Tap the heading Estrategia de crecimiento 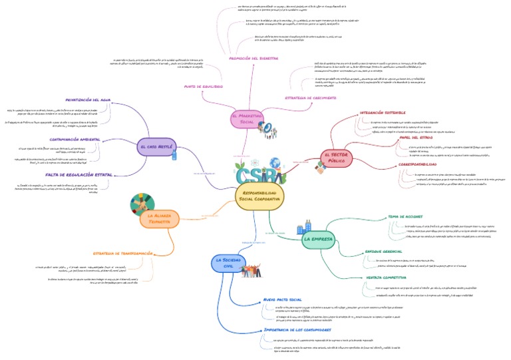click(x=312, y=98)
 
